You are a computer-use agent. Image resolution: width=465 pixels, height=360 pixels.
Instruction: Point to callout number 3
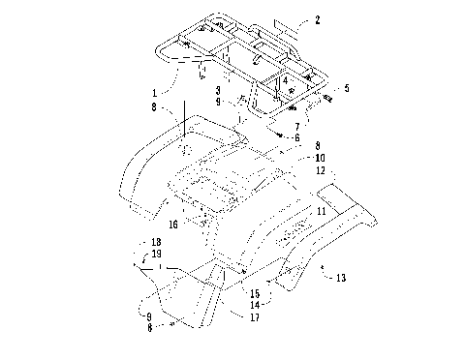pyautogui.click(x=220, y=91)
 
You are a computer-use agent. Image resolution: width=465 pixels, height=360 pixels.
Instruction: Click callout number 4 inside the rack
pyautogui.click(x=285, y=80)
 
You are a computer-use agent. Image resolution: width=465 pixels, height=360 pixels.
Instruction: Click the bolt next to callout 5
pyautogui.click(x=329, y=97)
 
